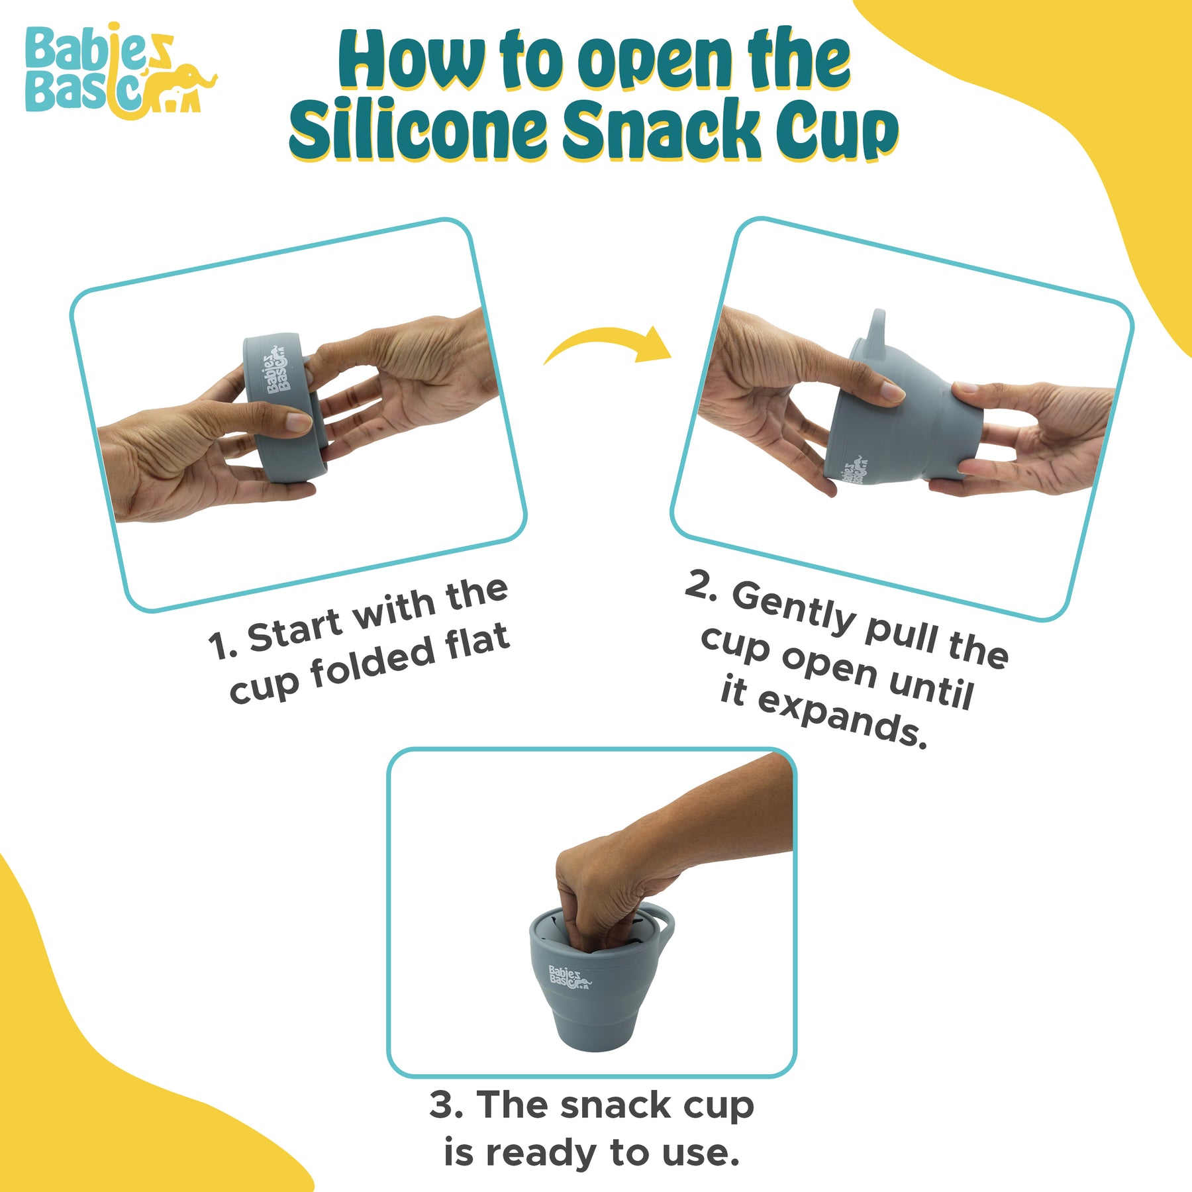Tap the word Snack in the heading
click(662, 128)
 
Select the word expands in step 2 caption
click(841, 719)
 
